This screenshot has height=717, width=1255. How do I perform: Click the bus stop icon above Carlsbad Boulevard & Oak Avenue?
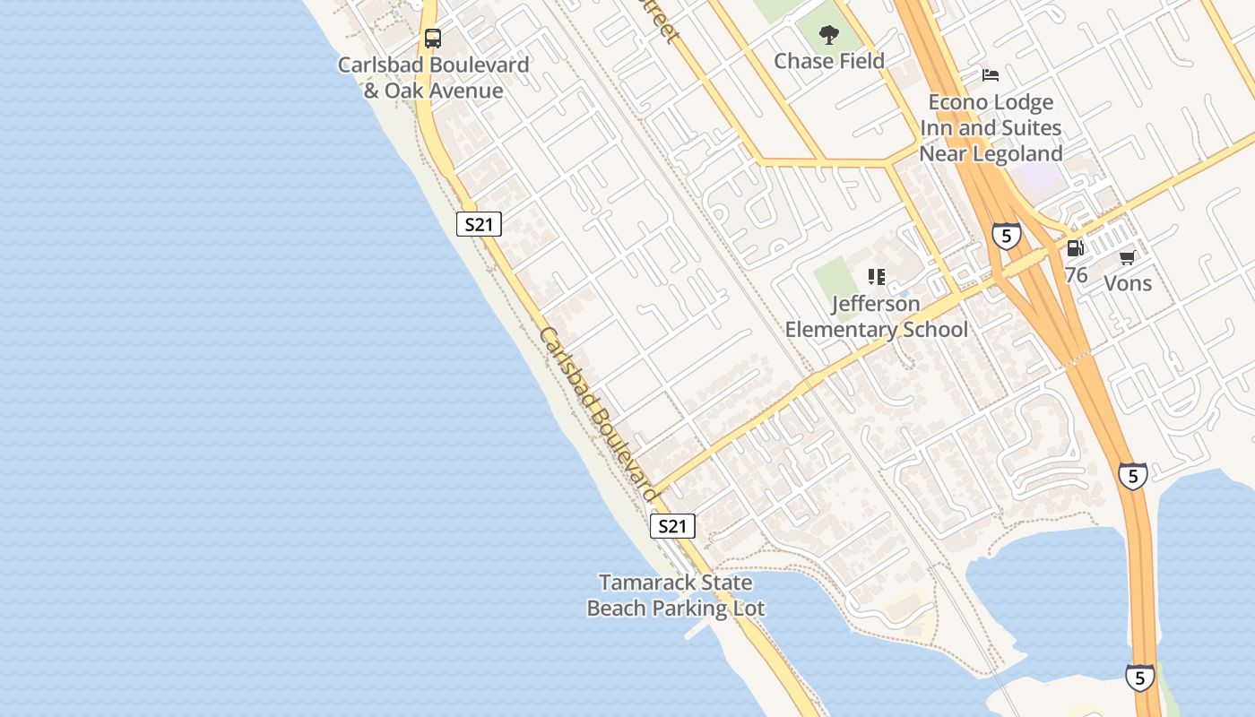click(433, 39)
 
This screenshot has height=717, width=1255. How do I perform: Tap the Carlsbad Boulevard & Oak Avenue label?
click(433, 78)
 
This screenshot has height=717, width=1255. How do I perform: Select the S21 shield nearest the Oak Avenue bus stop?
click(479, 224)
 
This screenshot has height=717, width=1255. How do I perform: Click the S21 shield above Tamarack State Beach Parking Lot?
click(671, 526)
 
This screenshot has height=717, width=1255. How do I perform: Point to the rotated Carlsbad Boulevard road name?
click(599, 414)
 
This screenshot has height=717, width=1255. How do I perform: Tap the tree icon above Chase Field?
click(829, 35)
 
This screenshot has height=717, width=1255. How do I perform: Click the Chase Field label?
click(829, 61)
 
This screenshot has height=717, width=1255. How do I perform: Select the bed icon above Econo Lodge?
click(991, 75)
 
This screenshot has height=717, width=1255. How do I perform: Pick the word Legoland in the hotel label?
click(1017, 153)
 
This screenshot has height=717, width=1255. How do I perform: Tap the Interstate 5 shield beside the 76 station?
click(1007, 236)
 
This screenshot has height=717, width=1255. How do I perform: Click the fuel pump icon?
click(1075, 248)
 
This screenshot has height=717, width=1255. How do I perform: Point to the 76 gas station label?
click(1076, 275)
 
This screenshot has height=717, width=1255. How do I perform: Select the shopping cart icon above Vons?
click(1127, 258)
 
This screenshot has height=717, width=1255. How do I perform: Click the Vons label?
click(1127, 283)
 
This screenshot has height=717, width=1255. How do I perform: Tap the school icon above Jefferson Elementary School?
click(877, 277)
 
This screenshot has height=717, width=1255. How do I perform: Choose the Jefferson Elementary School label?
click(877, 316)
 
